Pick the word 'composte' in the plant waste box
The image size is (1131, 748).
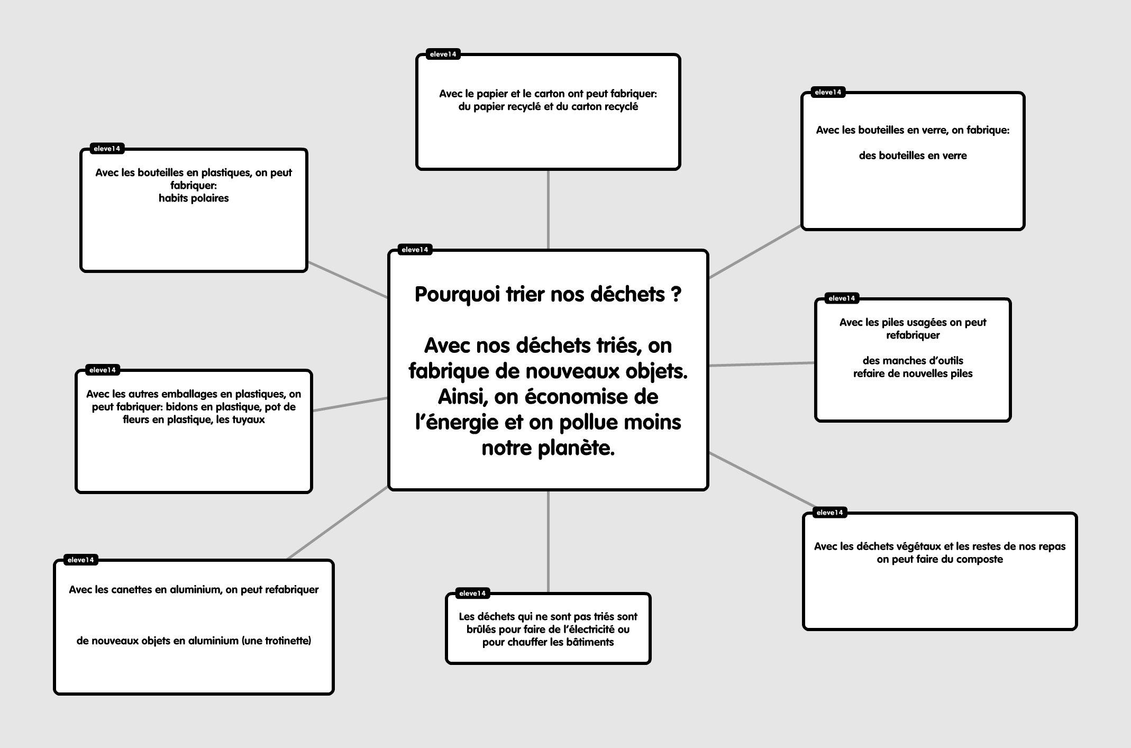point(979,560)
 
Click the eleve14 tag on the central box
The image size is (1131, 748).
point(415,250)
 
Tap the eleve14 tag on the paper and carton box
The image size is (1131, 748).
point(443,54)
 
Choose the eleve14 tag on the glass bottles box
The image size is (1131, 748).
point(828,93)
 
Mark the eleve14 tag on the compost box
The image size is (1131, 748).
point(829,513)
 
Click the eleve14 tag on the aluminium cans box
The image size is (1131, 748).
point(80,560)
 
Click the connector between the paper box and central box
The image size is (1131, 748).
point(548,209)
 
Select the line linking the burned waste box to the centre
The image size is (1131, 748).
point(548,542)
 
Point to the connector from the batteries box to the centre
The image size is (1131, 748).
point(762,364)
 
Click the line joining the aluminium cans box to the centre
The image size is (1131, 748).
point(338,523)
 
